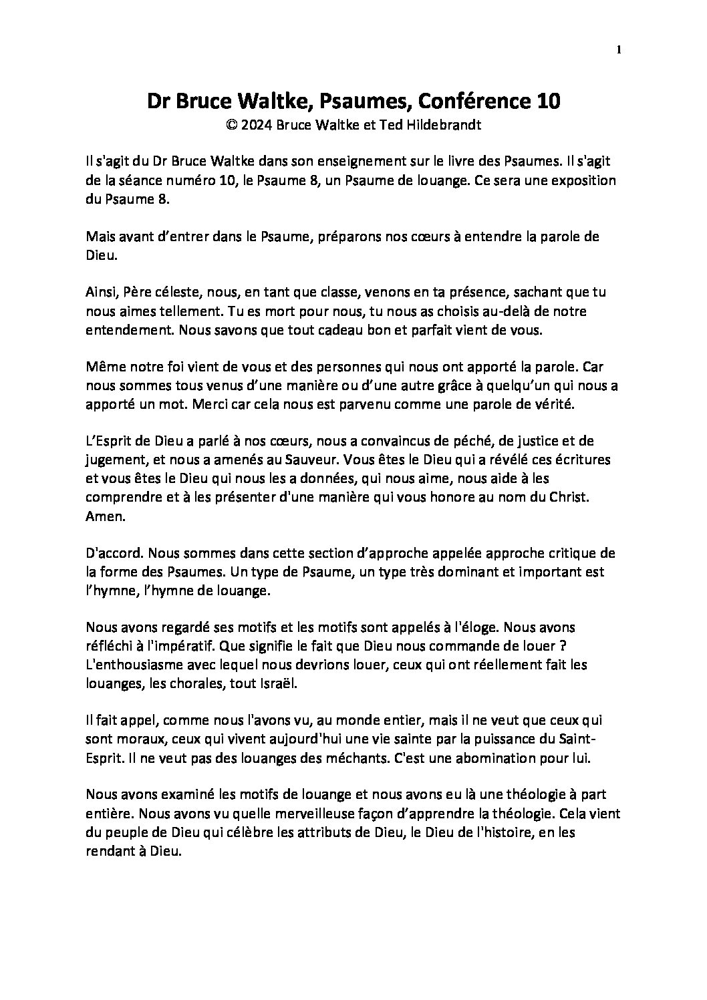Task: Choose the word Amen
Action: (x=102, y=516)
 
